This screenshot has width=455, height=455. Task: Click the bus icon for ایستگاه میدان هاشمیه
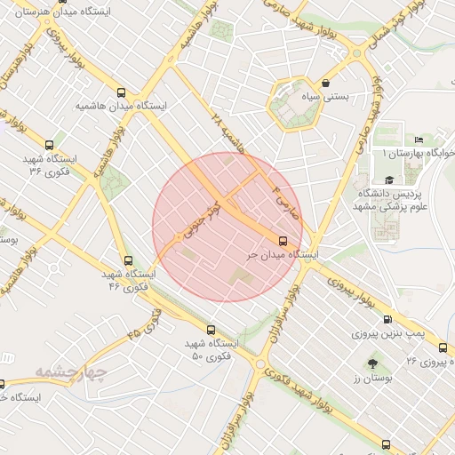tap(122, 92)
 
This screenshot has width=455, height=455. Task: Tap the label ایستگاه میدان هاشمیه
tap(122, 106)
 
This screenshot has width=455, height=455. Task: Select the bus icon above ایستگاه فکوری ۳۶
tap(49, 145)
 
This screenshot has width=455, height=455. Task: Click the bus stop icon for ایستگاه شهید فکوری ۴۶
tap(129, 261)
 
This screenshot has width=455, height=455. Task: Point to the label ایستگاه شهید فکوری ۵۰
tap(212, 349)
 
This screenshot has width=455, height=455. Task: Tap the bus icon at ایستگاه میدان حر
tap(283, 241)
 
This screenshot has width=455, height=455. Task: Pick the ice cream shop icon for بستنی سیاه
tap(326, 83)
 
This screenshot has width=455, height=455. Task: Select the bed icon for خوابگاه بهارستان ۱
tap(419, 140)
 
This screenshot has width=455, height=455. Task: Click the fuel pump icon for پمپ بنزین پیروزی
tap(387, 320)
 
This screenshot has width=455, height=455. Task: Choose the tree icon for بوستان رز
tap(371, 363)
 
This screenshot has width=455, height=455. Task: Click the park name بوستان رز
tap(372, 379)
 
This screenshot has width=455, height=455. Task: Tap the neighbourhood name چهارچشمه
tap(72, 371)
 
